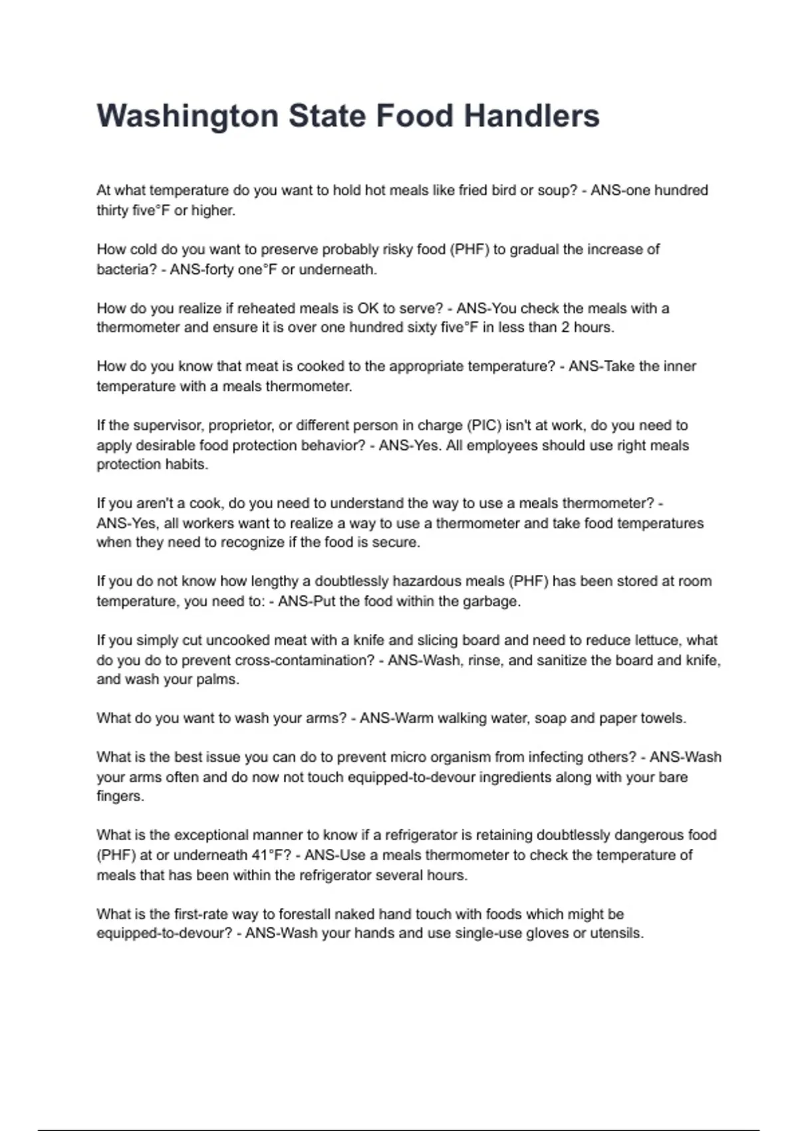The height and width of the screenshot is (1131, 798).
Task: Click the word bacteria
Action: point(122,269)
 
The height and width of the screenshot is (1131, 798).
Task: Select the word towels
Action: point(662,719)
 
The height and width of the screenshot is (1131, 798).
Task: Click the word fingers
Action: point(120,796)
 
